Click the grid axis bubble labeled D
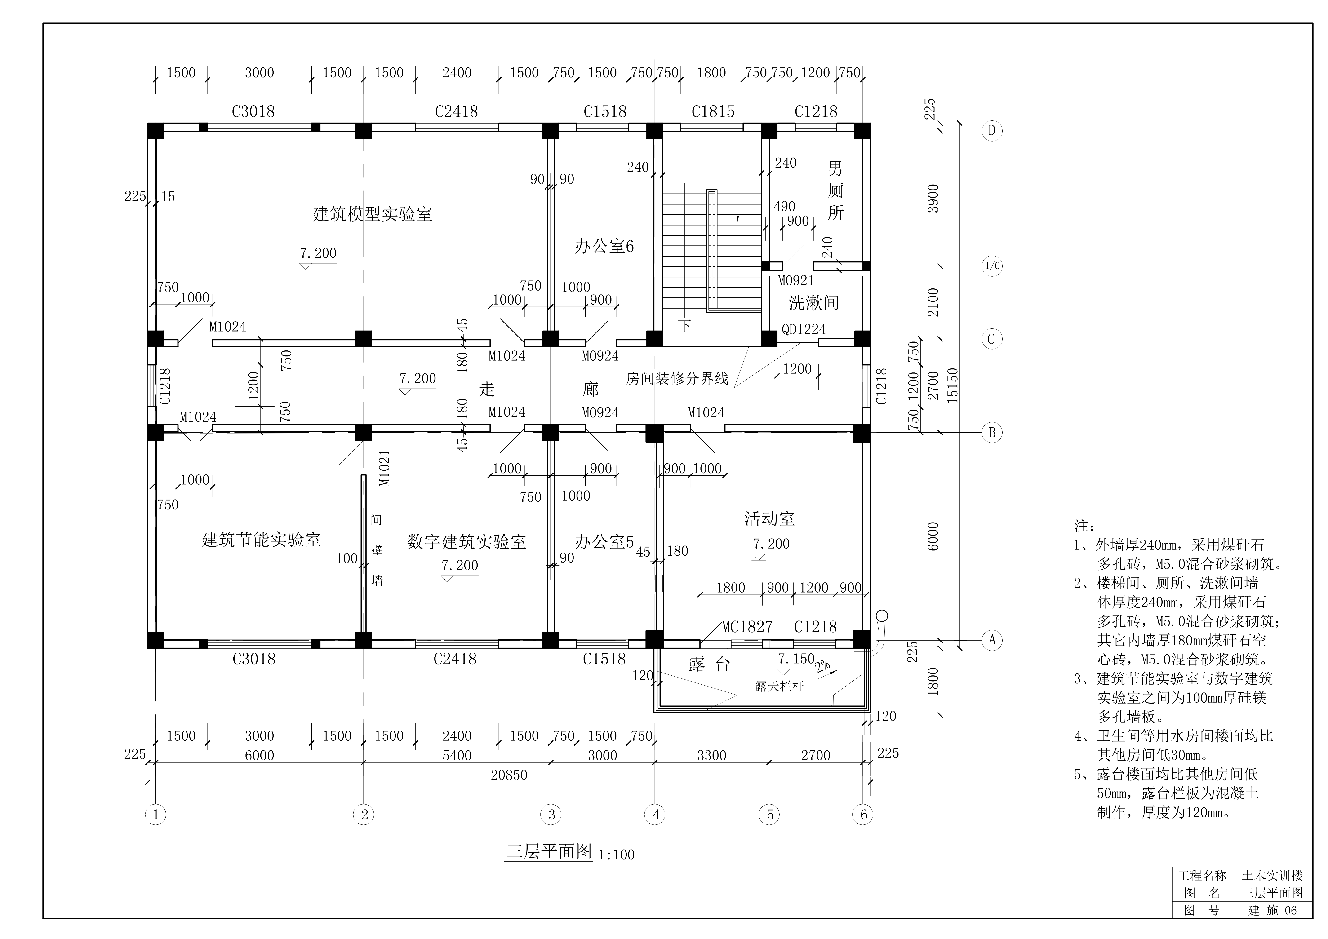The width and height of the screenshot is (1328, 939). click(991, 131)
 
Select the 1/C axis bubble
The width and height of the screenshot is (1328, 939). click(991, 266)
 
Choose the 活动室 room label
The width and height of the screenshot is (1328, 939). click(769, 519)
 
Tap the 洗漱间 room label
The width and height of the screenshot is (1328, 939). click(813, 302)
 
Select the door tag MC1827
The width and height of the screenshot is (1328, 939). click(747, 627)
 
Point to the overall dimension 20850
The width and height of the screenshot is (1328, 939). click(509, 775)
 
